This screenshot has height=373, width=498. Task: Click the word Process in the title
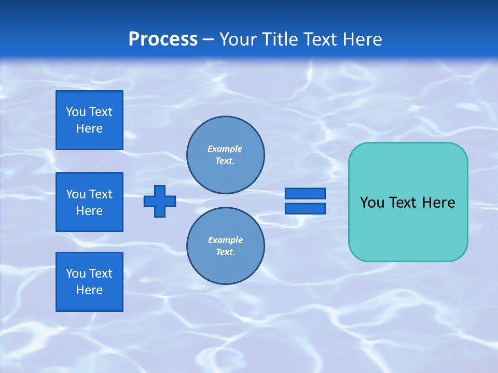163,39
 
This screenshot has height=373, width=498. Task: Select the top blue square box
89,120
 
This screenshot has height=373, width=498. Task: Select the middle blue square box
89,202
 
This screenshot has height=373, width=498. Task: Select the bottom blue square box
89,281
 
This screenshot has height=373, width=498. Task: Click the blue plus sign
160,201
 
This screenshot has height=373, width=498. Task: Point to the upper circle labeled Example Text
225,155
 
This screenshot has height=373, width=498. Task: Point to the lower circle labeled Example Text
225,246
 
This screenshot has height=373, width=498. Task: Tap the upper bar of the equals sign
305,193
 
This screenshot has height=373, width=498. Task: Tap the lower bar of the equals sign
305,208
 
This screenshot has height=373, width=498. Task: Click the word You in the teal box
371,203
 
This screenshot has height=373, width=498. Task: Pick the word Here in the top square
89,128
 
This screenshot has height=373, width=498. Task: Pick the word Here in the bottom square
89,290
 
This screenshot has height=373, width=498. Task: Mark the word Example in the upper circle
225,149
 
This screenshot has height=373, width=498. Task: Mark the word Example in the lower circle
225,240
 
